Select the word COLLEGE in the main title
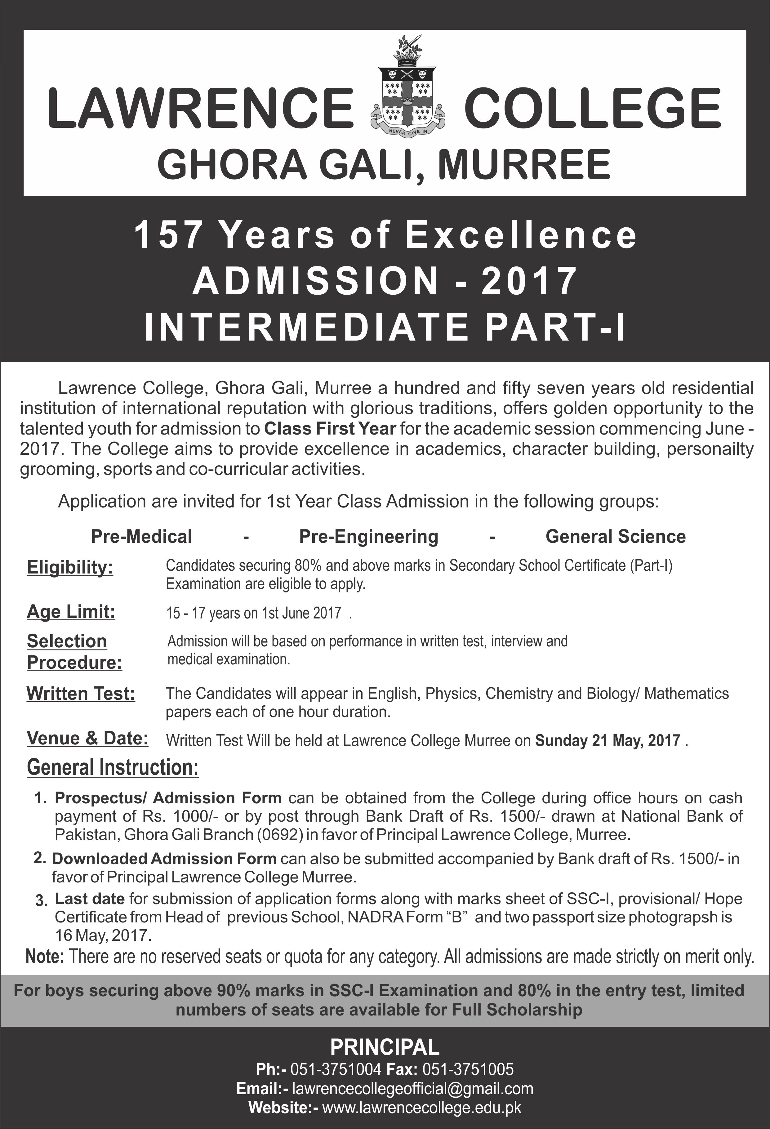coord(592,108)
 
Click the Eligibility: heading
coord(70,567)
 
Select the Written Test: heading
coord(81,693)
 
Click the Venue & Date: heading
coord(87,738)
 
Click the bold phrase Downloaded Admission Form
coord(164,859)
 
